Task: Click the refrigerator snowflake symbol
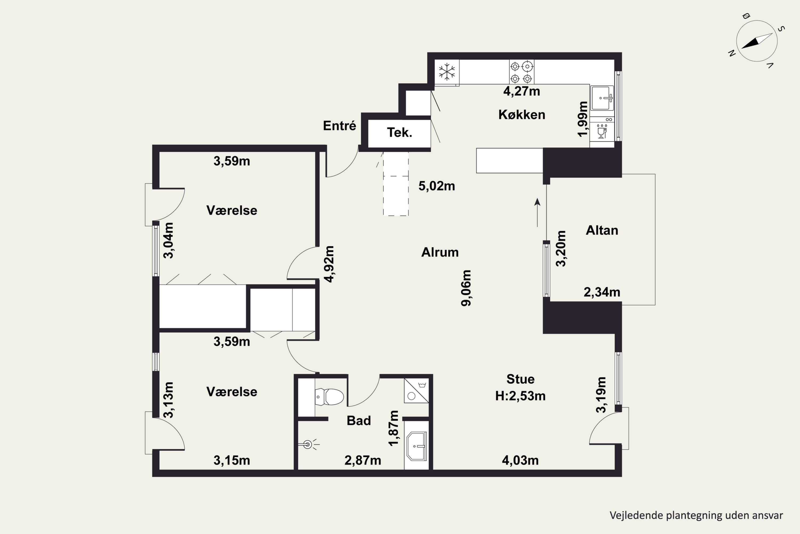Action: [447, 72]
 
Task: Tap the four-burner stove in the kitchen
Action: [521, 72]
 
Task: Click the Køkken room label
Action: [522, 115]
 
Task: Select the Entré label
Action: [339, 126]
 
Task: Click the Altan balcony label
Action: [602, 231]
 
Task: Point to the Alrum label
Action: [440, 252]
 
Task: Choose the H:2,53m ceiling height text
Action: [521, 396]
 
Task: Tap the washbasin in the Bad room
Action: [417, 446]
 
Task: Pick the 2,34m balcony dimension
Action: [602, 292]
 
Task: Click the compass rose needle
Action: [757, 41]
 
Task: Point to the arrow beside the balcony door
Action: [537, 213]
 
